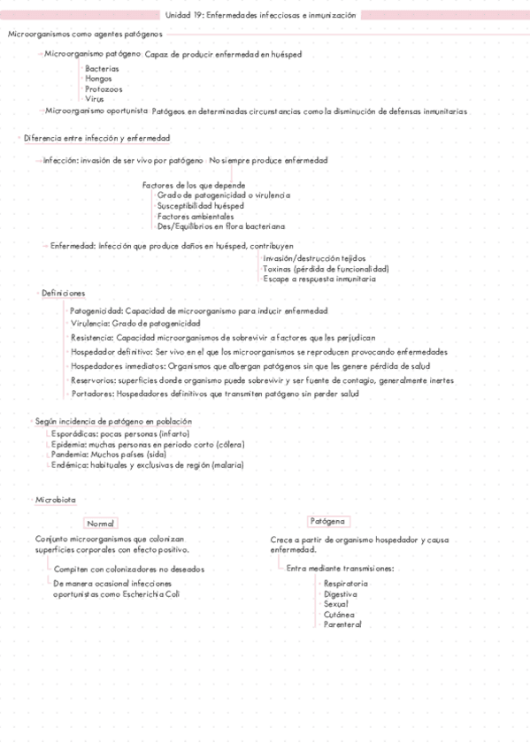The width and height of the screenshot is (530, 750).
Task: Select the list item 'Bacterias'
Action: (102, 68)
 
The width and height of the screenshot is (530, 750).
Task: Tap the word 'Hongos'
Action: (98, 79)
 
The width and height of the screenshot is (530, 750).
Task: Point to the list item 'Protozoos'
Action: (104, 89)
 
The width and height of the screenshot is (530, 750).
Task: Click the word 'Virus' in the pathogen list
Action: (95, 99)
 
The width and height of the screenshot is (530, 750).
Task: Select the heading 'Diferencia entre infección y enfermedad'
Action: (97, 139)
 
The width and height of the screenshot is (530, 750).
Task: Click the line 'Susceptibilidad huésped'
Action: (200, 205)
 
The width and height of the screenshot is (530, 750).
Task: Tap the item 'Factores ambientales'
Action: (196, 216)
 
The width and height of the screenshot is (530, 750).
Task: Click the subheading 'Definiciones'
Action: (64, 294)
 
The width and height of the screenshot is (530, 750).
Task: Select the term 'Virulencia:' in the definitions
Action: (91, 325)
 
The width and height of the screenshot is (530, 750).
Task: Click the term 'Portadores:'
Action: (91, 394)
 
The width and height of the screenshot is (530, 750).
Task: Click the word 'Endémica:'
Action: (70, 464)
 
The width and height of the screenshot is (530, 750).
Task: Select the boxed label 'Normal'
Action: (101, 524)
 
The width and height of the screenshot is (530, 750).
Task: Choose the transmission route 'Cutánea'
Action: (340, 614)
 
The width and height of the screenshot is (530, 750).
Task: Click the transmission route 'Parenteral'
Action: (342, 624)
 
